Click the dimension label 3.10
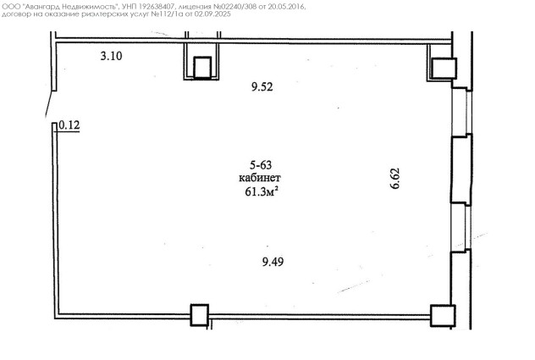(x=111, y=56)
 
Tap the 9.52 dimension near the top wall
(x=262, y=86)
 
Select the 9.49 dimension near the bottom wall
(x=273, y=262)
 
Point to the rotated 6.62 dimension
(x=394, y=178)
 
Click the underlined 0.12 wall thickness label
(x=69, y=125)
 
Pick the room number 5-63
(x=261, y=165)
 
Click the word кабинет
(x=260, y=178)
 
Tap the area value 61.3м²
(x=261, y=191)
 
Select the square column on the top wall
(x=202, y=68)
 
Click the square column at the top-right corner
(x=444, y=69)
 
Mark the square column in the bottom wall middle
(x=199, y=315)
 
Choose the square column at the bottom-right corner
(x=443, y=316)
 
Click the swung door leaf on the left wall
(x=51, y=104)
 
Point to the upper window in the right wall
(x=461, y=112)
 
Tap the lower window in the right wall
(x=461, y=228)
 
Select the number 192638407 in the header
(x=158, y=7)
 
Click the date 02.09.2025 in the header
(x=212, y=14)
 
